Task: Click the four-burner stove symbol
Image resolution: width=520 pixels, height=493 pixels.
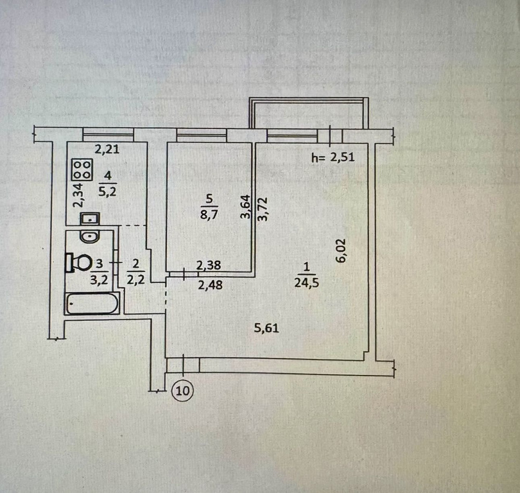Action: coord(82,170)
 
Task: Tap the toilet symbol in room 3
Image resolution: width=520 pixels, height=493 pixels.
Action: coord(79,263)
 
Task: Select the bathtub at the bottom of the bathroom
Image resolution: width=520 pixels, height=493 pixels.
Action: coord(92,303)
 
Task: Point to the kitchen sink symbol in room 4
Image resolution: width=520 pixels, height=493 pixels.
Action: coord(89,218)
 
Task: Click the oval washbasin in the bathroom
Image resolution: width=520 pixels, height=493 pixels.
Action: coord(89,236)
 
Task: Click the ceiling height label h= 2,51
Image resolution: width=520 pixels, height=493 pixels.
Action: coord(333,157)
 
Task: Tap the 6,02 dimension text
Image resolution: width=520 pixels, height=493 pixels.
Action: coord(341,251)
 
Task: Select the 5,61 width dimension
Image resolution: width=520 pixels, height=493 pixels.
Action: coord(267,328)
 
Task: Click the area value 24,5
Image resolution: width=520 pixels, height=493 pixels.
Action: coord(306,283)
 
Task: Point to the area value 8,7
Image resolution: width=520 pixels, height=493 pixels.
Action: coord(209,214)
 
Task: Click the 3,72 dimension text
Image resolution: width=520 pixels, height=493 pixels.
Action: coord(263,209)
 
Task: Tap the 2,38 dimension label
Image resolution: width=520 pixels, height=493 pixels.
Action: coord(209,265)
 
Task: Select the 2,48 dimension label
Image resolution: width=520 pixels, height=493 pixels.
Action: coord(210,284)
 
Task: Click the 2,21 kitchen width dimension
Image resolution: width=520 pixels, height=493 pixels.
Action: coord(107,149)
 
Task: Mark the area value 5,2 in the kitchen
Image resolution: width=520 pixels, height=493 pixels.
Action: coord(108,191)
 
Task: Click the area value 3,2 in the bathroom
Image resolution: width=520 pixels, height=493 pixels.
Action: coord(99,280)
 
